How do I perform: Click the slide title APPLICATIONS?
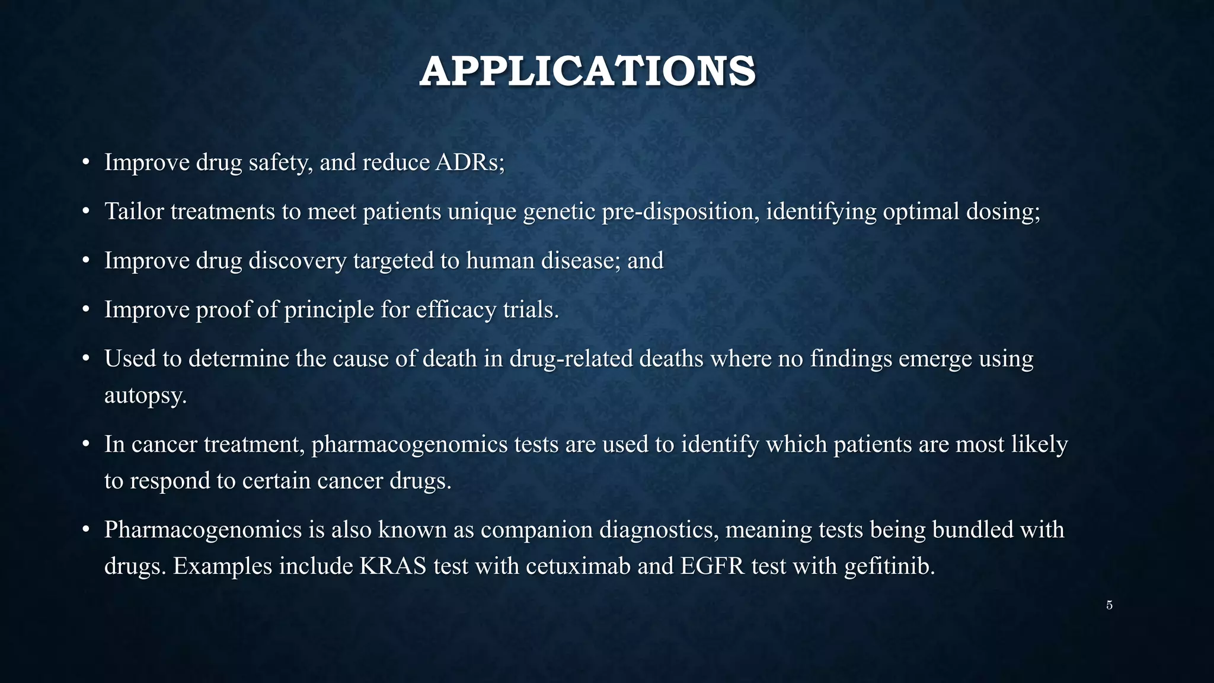click(587, 72)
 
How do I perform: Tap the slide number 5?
click(1109, 605)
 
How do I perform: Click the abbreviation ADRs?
click(469, 162)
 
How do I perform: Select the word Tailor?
click(134, 212)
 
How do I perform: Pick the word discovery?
click(297, 261)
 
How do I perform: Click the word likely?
click(1040, 445)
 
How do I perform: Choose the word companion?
click(536, 530)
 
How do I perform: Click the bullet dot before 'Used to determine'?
click(86, 359)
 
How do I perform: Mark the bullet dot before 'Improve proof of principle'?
click(86, 310)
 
